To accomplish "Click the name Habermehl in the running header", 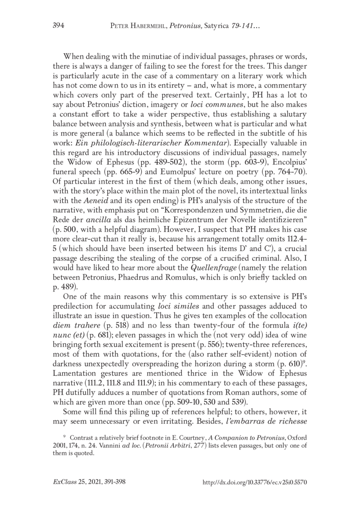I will tap(156, 28).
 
